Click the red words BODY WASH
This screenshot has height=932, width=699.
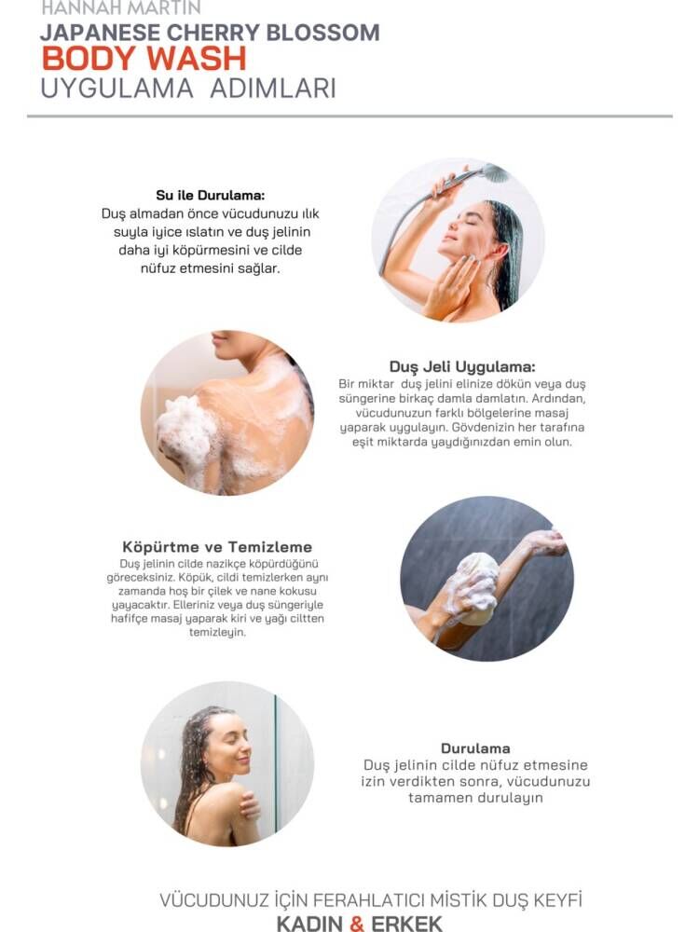point(144,59)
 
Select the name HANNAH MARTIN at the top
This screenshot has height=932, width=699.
point(120,7)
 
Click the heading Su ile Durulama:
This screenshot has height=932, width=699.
point(211,195)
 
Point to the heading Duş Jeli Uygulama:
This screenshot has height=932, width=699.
point(462,366)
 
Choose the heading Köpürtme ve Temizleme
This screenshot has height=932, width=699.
point(217,547)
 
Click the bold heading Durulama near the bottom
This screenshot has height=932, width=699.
point(475,748)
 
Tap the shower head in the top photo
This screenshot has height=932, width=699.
point(495,173)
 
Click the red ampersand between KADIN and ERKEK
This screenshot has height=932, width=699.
point(357,923)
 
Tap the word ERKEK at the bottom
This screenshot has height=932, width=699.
point(406,923)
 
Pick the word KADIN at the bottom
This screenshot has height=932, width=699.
point(309,923)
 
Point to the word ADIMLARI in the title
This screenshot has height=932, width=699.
point(273,89)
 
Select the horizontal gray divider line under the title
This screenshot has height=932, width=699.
point(349,116)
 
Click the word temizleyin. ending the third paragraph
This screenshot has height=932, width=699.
point(217,633)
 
